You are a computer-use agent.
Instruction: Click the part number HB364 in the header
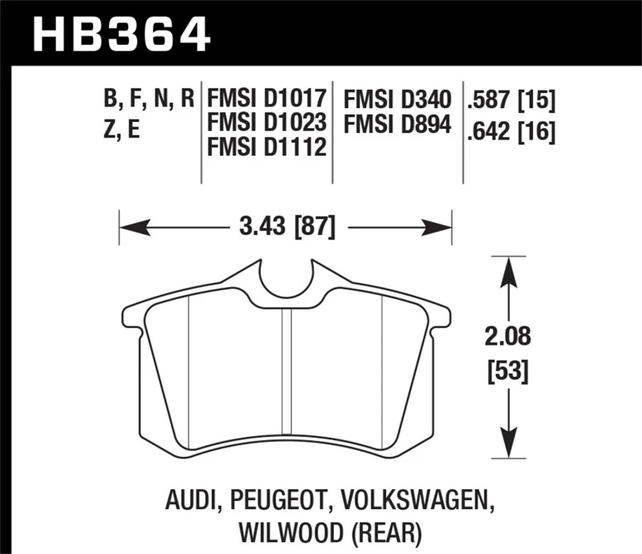pos(120,34)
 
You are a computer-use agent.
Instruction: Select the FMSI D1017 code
pos(266,100)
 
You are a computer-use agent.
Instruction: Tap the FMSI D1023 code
pos(266,124)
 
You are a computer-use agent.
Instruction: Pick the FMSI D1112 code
pos(266,148)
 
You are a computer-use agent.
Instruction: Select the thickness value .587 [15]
pos(511,100)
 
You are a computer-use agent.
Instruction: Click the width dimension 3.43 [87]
pos(286,227)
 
